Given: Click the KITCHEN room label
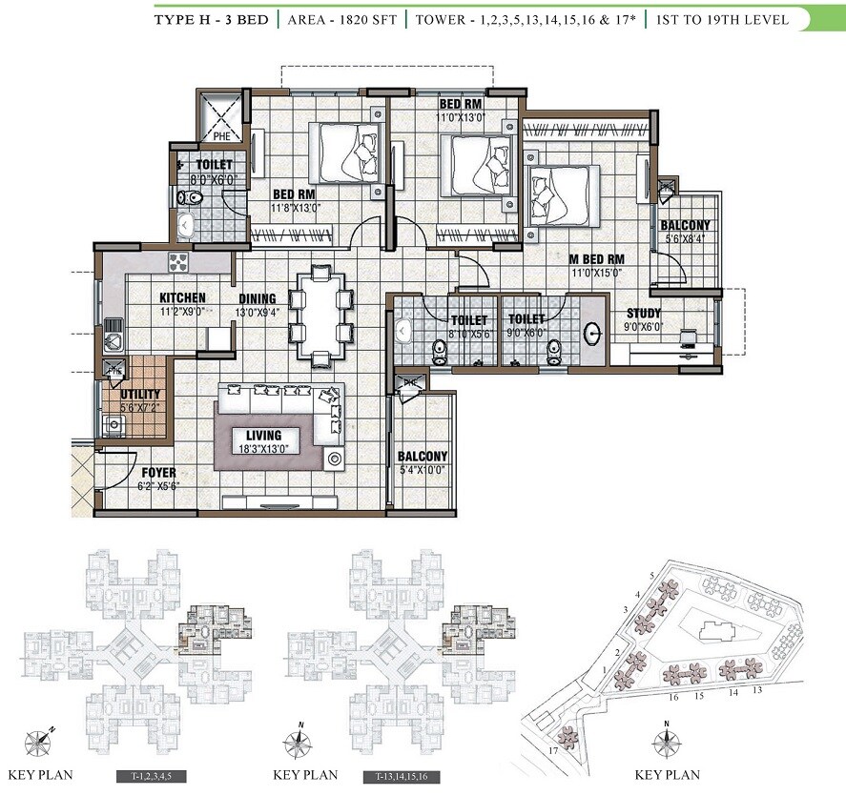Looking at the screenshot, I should tap(182, 298).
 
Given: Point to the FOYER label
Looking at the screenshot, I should tap(158, 472).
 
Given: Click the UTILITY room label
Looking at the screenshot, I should tap(140, 394).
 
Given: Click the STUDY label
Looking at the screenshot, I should tap(644, 314).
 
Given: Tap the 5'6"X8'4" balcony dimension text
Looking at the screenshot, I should tap(685, 241).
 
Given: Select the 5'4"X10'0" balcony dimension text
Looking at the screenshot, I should tap(422, 469).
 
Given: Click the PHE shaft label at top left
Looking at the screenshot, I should tap(221, 136).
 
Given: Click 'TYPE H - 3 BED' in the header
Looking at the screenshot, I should tap(212, 19).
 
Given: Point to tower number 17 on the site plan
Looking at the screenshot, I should tap(553, 752).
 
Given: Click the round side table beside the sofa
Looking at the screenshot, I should tap(334, 459).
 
